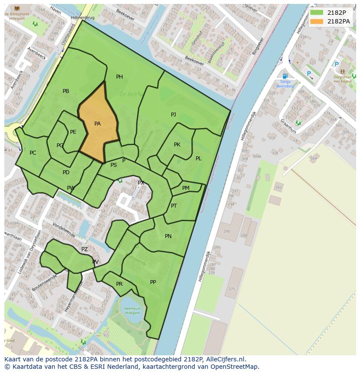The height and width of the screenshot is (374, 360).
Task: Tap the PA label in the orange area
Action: (97, 124)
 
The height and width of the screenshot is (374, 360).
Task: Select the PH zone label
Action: (120, 77)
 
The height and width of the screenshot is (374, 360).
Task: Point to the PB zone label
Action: (66, 91)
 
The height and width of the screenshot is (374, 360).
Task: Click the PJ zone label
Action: (173, 115)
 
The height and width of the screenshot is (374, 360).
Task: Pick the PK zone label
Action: (177, 145)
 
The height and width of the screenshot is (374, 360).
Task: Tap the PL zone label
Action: (198, 159)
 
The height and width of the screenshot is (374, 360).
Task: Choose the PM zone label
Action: (186, 188)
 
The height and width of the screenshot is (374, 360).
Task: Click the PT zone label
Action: (174, 206)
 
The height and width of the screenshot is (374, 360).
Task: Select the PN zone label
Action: (168, 236)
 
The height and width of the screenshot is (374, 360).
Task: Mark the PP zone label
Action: (153, 282)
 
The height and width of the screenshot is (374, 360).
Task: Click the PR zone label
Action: (120, 284)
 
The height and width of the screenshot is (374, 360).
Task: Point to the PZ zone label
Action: (84, 249)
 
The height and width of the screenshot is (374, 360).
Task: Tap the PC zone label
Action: (33, 153)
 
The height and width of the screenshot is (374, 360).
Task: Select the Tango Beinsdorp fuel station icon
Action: (285, 76)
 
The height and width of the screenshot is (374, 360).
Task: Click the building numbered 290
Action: (226, 232)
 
